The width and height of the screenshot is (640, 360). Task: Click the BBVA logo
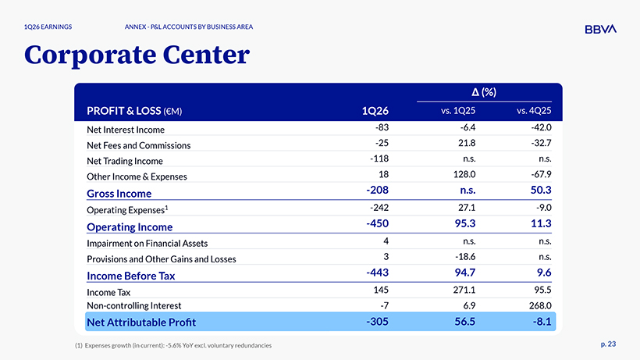[600, 29]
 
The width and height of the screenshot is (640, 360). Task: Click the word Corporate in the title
[91, 55]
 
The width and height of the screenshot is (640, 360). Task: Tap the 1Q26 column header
[375, 111]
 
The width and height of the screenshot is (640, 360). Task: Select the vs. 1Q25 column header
[458, 111]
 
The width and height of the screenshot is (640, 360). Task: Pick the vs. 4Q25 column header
[534, 111]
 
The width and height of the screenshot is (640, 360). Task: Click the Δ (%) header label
[484, 92]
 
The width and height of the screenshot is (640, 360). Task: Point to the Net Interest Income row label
[126, 130]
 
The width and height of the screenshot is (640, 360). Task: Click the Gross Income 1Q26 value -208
[377, 191]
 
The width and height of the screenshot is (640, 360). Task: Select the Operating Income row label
[130, 227]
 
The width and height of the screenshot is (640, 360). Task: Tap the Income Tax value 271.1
[464, 290]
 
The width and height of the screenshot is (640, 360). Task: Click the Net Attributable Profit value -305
[377, 322]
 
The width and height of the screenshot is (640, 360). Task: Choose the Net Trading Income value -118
[379, 159]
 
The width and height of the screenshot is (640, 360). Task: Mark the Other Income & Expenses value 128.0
[464, 174]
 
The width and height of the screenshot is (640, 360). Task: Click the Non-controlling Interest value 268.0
[540, 305]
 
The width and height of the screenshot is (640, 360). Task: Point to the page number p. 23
[608, 344]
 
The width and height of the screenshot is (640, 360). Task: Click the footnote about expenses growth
[173, 345]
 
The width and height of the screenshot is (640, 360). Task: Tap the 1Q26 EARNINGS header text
[48, 27]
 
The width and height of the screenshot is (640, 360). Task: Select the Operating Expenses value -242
[379, 208]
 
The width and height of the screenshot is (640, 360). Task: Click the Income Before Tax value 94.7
[465, 273]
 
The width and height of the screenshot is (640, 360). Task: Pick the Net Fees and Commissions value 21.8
[467, 143]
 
